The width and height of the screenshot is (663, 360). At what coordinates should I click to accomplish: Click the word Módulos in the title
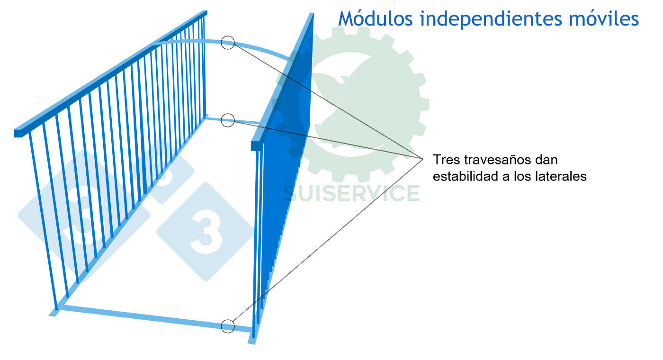click(x=375, y=18)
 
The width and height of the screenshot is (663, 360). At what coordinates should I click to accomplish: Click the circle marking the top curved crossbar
click(x=228, y=42)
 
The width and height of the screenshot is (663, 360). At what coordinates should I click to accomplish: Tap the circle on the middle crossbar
click(x=228, y=120)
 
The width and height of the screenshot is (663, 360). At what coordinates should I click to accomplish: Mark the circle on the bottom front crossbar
click(x=228, y=326)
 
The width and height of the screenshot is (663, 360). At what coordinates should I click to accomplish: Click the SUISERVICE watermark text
click(x=351, y=193)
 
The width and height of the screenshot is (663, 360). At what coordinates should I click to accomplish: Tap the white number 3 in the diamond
click(x=206, y=232)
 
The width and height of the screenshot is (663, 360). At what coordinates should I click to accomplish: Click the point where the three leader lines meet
click(x=423, y=159)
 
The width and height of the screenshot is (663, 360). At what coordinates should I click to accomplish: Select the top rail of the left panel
click(x=111, y=73)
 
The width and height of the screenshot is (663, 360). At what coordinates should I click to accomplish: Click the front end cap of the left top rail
click(x=18, y=133)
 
